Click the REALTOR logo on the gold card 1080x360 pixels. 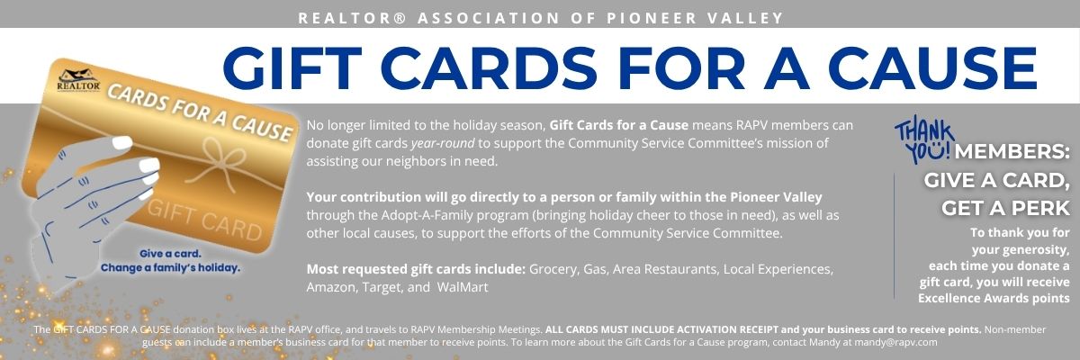click(x=78, y=80)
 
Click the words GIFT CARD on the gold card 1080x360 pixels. click(x=204, y=220)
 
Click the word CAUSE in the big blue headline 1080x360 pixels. click(x=933, y=68)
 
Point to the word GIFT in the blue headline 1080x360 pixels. click(x=292, y=68)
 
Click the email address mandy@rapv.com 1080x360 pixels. click(x=895, y=342)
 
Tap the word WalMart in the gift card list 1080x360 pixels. click(x=463, y=287)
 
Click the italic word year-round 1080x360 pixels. click(x=443, y=143)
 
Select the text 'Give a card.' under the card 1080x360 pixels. click(x=170, y=254)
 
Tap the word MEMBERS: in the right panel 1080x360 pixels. click(x=1012, y=152)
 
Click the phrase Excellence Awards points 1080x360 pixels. click(x=994, y=298)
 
